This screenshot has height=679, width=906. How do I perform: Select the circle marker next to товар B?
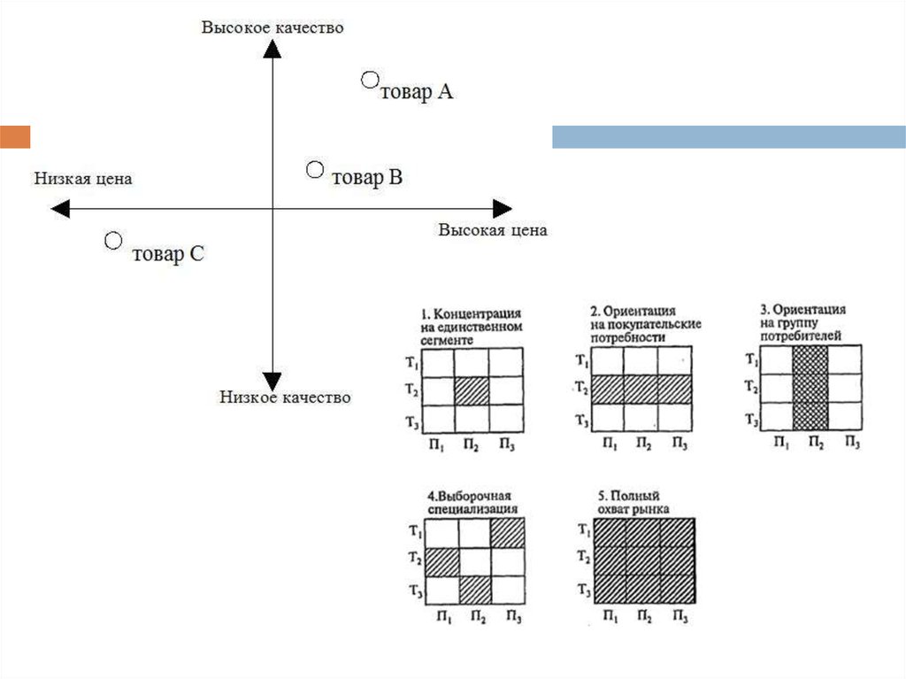[315, 169]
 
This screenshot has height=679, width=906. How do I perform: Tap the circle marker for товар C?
[112, 241]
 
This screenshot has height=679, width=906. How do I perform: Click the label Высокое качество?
[273, 27]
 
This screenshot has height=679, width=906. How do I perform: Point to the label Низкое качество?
[285, 397]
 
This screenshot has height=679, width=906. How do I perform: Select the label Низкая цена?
[83, 179]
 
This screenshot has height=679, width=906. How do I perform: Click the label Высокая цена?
[493, 230]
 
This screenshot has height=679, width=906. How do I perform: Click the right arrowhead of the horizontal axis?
[502, 209]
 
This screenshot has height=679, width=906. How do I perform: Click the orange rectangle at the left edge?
[15, 136]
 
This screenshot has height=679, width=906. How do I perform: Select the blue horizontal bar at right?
[728, 136]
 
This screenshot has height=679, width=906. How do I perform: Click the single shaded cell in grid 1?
[471, 390]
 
